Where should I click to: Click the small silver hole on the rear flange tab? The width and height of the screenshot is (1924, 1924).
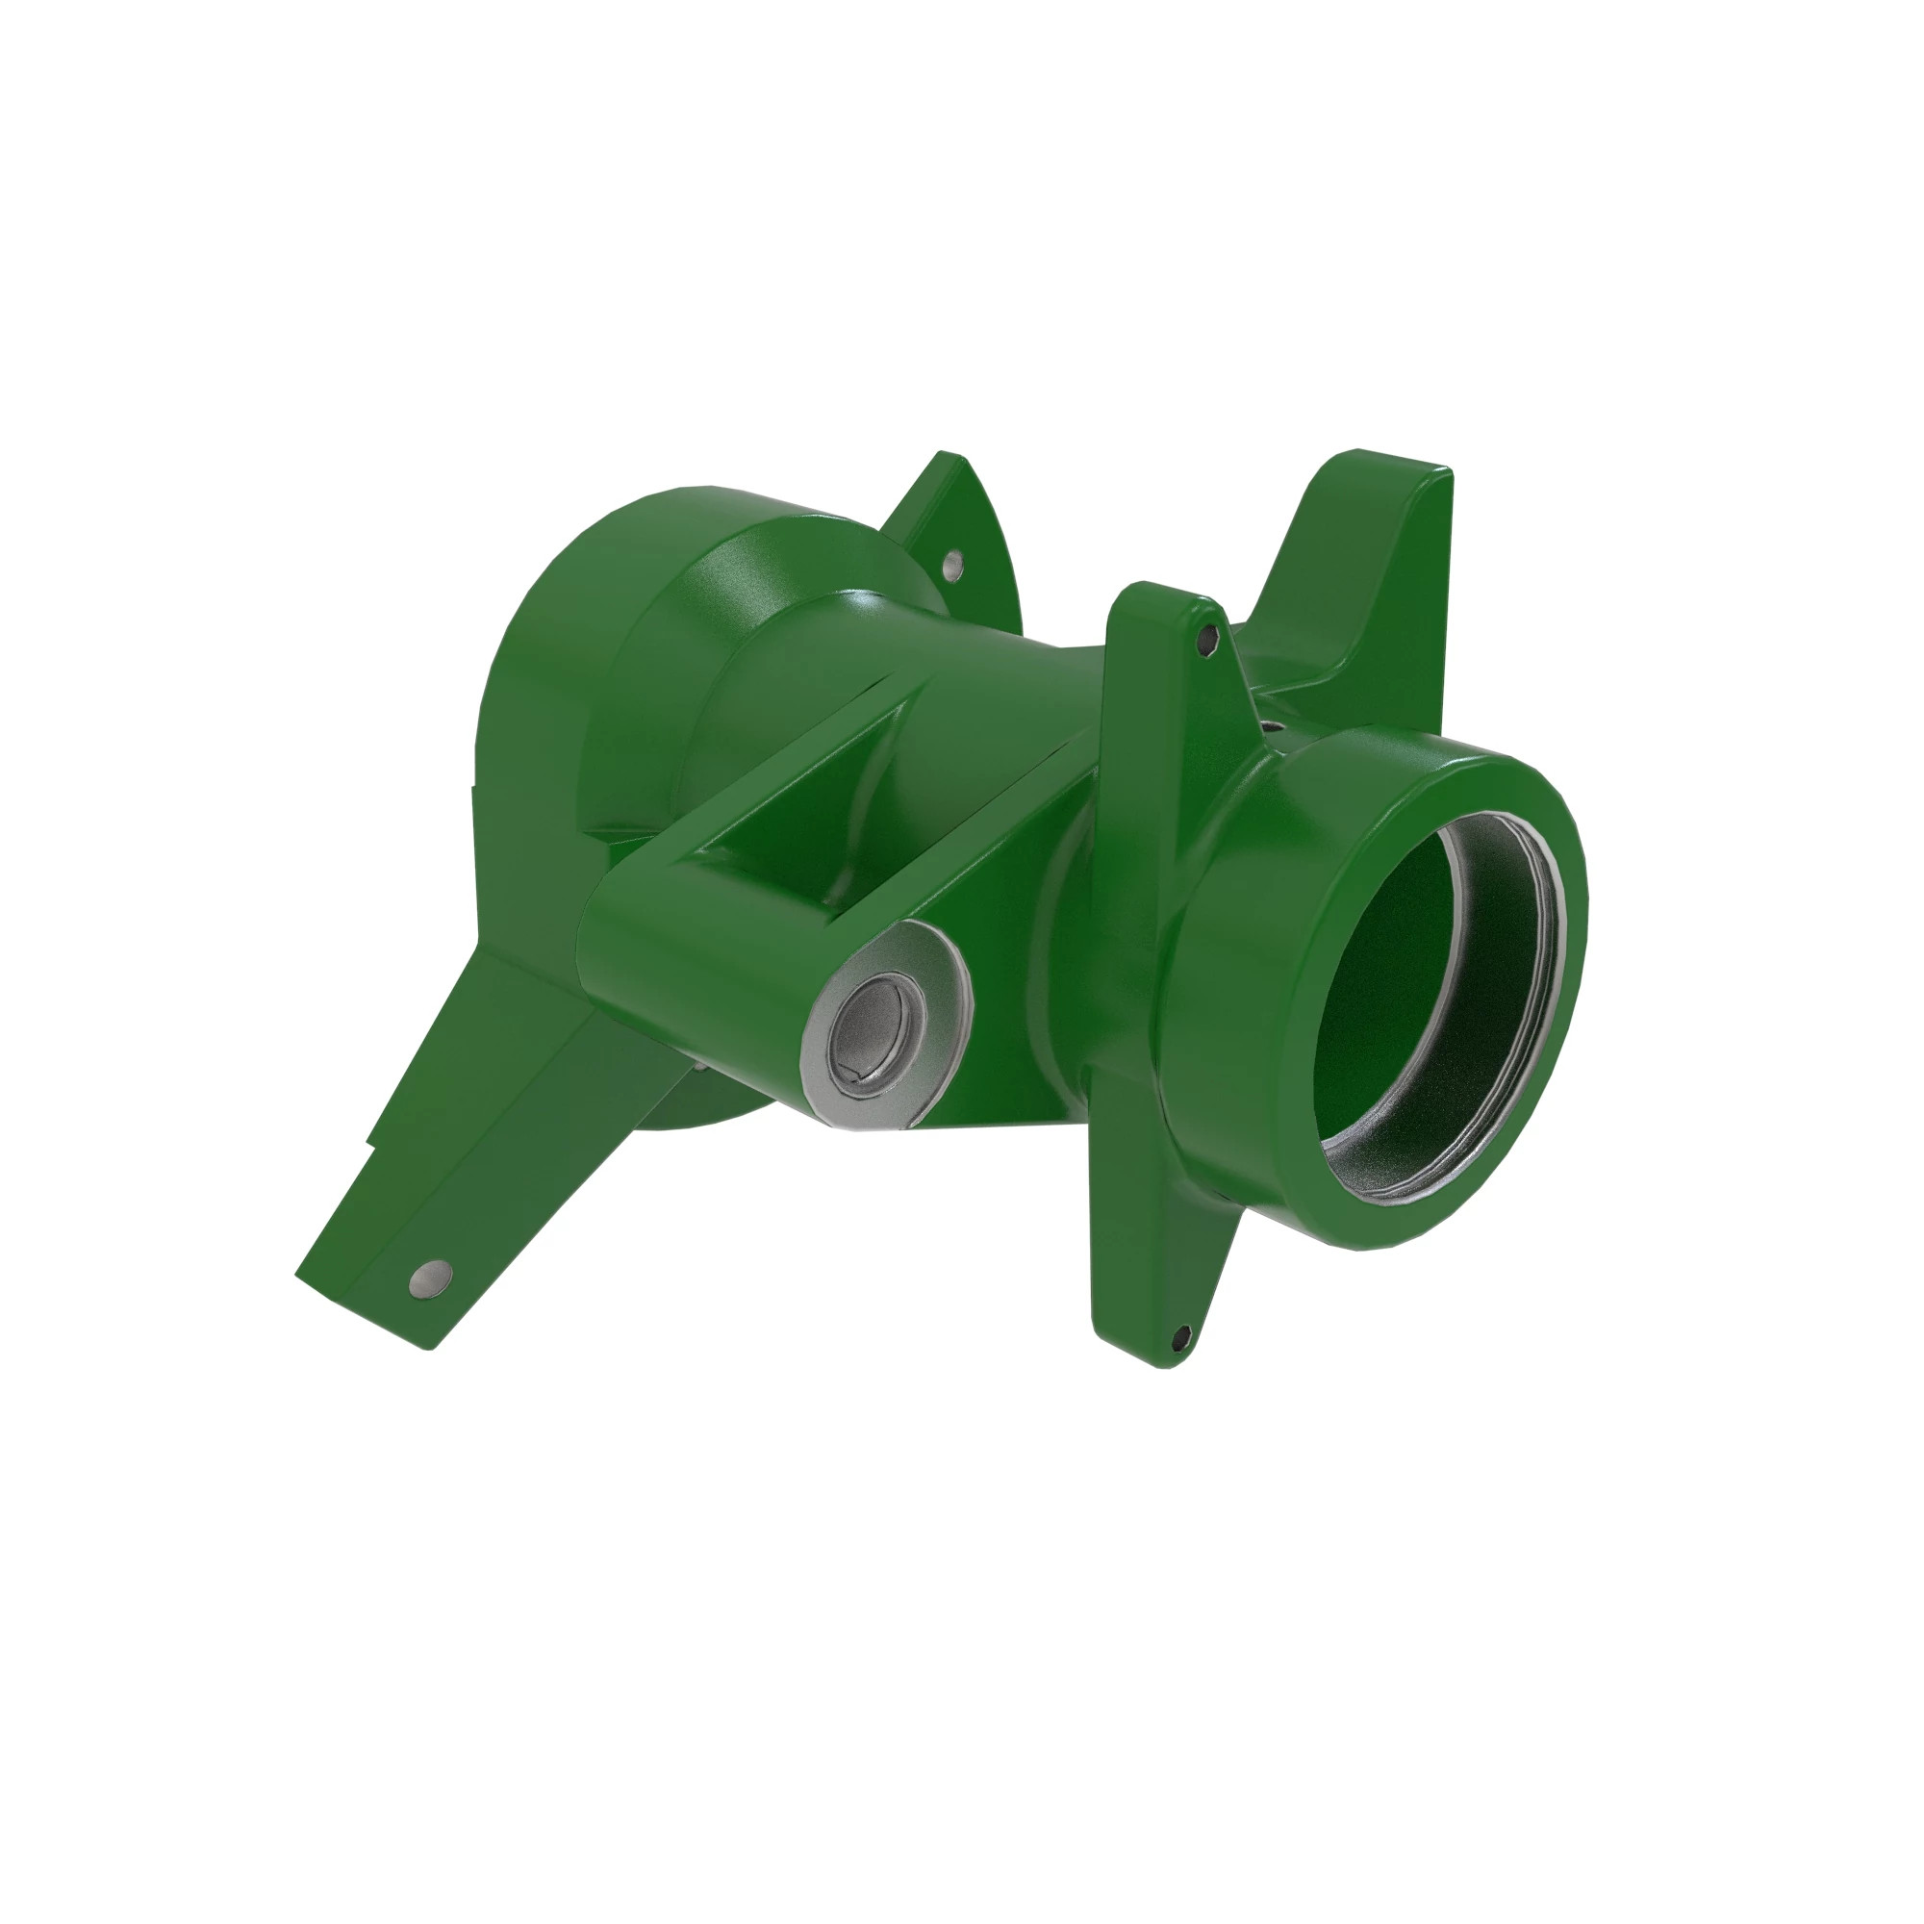click(954, 566)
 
